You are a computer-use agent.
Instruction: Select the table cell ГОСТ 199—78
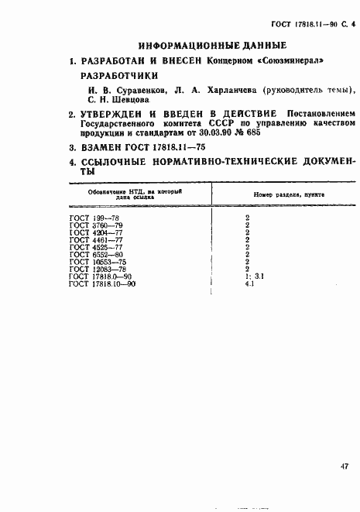click(x=91, y=218)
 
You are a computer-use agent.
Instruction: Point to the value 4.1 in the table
click(x=249, y=283)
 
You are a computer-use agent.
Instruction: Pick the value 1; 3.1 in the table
click(x=255, y=277)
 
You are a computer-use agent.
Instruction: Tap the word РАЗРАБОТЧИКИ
click(x=119, y=77)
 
